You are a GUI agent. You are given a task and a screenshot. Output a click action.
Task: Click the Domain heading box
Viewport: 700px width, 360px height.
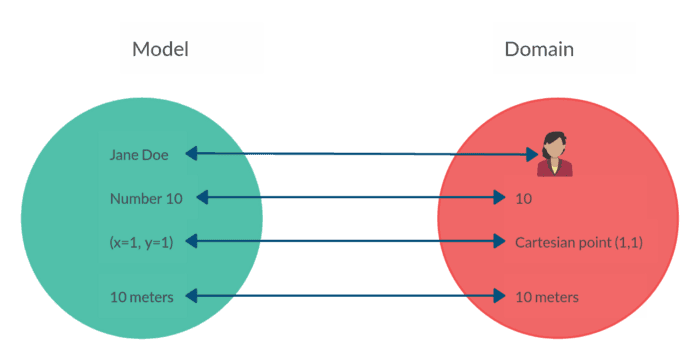[x=564, y=49]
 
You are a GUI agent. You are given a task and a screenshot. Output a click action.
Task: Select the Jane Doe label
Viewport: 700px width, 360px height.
[x=139, y=154]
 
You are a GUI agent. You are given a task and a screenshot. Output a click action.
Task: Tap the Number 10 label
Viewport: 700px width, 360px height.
[x=146, y=198]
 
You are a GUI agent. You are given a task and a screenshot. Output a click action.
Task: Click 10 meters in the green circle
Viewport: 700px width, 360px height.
[x=141, y=296]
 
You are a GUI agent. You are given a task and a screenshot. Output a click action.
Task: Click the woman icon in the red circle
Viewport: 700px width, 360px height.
[x=554, y=155]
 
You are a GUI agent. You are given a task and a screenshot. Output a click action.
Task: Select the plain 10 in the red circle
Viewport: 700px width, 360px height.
[x=523, y=198]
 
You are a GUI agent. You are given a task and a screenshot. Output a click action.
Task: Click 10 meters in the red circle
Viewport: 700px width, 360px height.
[x=546, y=297]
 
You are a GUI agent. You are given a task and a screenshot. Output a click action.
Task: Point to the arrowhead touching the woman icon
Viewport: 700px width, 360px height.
[x=532, y=155]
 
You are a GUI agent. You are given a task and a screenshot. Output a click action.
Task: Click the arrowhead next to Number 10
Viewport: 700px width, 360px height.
[x=202, y=198]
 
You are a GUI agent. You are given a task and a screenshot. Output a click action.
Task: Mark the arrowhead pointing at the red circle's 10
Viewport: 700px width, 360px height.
[x=504, y=198]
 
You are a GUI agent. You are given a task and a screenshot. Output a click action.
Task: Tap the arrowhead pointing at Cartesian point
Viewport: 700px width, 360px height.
[x=504, y=241]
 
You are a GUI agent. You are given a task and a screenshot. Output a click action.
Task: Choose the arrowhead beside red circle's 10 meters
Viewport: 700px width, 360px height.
[x=504, y=296]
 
